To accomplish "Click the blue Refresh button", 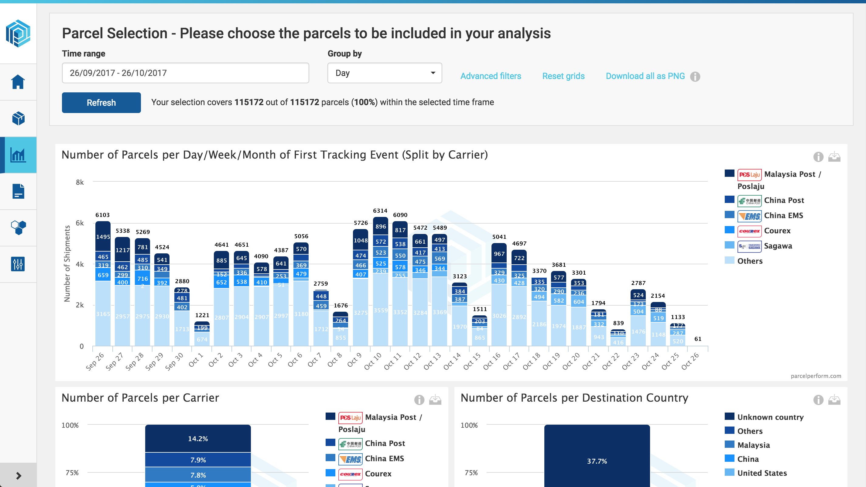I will [101, 103].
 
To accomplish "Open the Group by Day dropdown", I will [384, 73].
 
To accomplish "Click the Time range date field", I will [185, 73].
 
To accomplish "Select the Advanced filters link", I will [491, 76].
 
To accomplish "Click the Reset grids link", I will [563, 76].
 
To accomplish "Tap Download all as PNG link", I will [645, 76].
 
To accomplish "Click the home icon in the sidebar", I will [18, 82].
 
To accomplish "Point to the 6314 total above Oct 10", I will [380, 211].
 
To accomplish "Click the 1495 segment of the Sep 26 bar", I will [103, 236].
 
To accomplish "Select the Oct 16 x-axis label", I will [492, 361].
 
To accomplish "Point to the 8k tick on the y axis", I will [80, 182].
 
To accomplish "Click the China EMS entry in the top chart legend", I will [783, 216].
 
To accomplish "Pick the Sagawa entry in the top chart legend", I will [778, 246].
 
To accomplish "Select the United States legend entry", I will [762, 473].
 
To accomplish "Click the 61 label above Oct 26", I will [698, 339].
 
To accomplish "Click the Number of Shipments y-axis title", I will [67, 263].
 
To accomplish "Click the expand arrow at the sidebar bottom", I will [19, 475].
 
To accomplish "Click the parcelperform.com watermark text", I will [816, 376].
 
